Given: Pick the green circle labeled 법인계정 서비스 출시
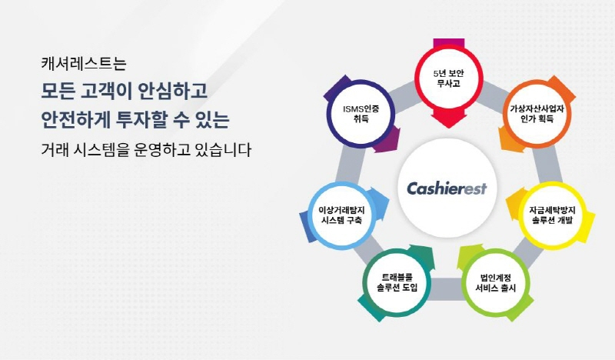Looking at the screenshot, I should click(x=497, y=281).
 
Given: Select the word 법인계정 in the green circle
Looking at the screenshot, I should click(x=497, y=275).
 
